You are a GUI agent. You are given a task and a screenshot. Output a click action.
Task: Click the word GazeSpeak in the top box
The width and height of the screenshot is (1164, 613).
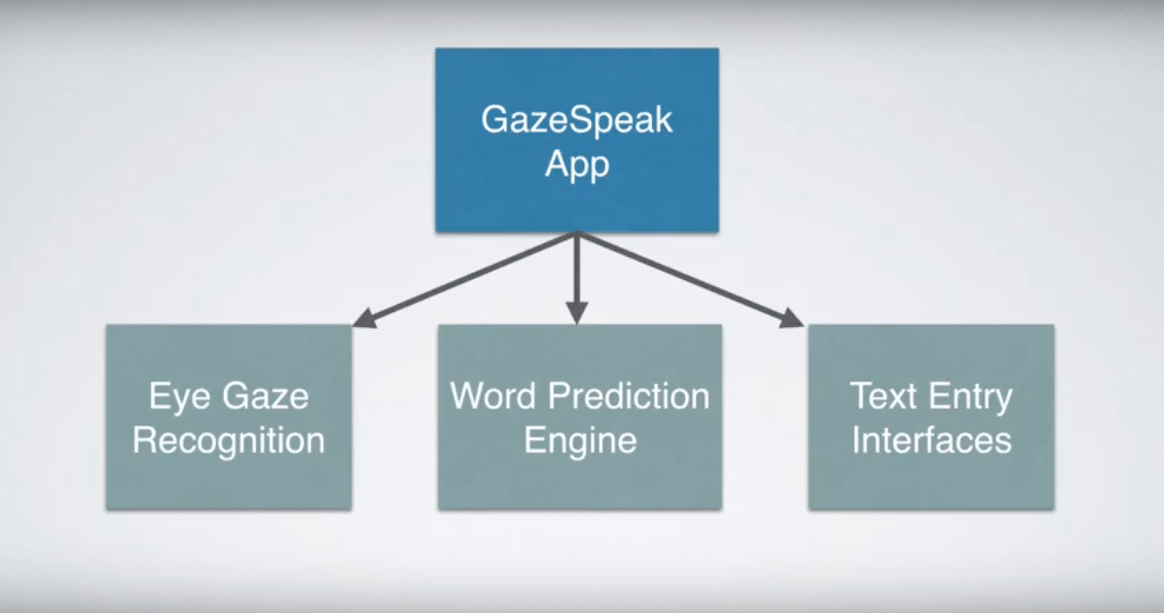coord(576,121)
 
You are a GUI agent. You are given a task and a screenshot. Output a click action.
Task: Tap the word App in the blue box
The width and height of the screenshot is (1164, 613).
coord(577,165)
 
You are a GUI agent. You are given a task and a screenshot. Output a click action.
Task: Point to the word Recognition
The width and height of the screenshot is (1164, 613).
coord(229,441)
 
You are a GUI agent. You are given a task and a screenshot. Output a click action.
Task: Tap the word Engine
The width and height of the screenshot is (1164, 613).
coord(580,441)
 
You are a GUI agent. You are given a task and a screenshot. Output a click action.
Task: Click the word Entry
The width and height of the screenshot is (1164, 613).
coord(971,397)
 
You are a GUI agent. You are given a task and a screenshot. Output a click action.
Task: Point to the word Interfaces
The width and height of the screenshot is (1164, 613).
coord(931,441)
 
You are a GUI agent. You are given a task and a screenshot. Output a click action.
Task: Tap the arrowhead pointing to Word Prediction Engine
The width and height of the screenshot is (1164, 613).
coord(577,312)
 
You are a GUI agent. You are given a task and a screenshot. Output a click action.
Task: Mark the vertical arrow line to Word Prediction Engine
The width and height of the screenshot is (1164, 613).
coord(577,272)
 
